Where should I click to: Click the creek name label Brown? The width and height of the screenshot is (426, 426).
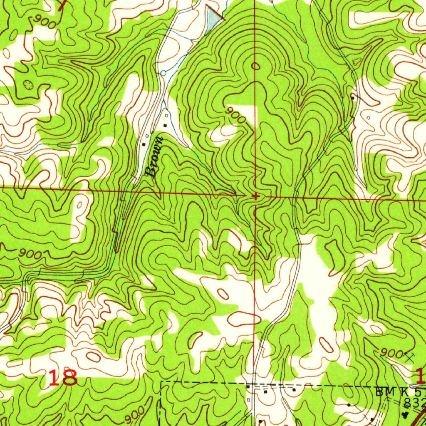[x=154, y=156]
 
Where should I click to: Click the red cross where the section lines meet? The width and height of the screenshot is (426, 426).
[x=255, y=196]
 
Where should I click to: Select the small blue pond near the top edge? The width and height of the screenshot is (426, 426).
[x=213, y=19]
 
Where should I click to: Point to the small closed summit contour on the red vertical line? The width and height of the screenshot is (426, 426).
[x=255, y=66]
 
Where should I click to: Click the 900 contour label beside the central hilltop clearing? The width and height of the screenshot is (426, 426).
[x=236, y=115]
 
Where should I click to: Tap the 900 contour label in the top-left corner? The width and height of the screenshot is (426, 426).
[x=45, y=22]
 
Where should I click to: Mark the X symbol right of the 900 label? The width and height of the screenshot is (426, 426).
[x=410, y=356]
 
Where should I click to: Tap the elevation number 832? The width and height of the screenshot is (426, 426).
[x=414, y=403]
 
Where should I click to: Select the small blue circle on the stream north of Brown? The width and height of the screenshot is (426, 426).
[x=163, y=73]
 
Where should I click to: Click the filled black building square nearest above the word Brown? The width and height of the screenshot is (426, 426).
[x=165, y=125]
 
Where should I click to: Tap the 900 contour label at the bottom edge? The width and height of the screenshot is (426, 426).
[x=135, y=414]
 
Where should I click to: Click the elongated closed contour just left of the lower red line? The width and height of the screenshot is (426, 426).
[x=244, y=319]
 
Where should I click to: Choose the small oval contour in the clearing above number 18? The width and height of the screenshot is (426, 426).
[x=93, y=356]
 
